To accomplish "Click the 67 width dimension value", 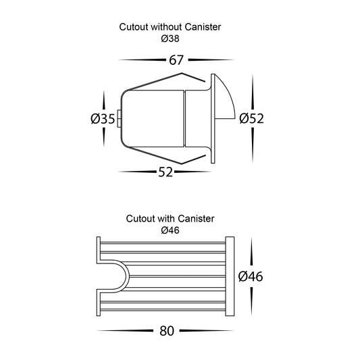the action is pos(176,60).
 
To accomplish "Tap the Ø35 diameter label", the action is pos(103,119).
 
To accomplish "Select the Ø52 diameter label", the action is pos(251,119).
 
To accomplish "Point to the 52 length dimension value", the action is pos(165,172).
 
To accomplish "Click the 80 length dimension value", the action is pos(167,331).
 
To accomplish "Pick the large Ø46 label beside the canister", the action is pos(251,276).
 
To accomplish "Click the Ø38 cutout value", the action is pos(170,38).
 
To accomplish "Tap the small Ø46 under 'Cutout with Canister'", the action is pos(170,230).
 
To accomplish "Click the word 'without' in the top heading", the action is pos(166,27).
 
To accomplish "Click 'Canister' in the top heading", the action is pos(203,27).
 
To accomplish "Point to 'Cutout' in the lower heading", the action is pos(140,219).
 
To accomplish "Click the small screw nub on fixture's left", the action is pos(119,119).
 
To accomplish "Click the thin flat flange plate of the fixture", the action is pos(213,118).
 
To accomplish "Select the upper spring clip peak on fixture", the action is pos(182,73).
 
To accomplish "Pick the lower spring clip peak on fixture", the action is pos(182,164).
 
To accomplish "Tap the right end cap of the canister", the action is pos(230,276).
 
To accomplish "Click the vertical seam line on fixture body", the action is pos(184,118).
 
